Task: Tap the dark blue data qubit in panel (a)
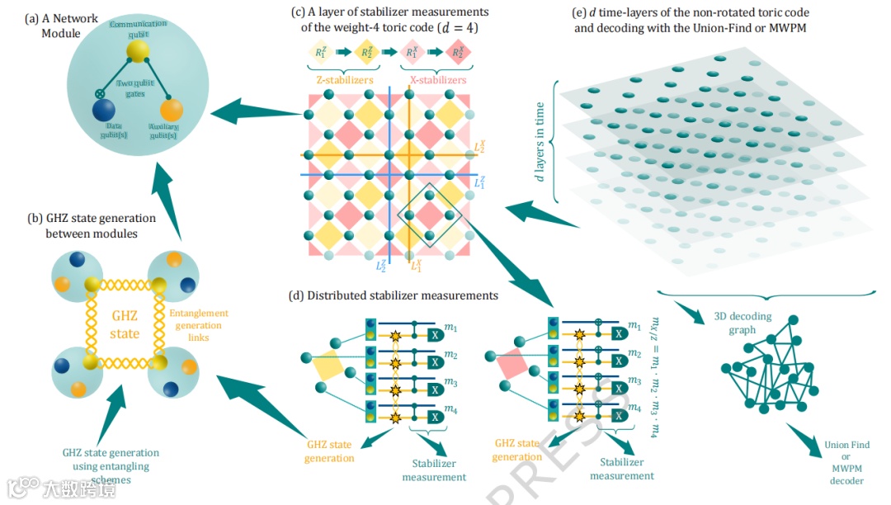(x=104, y=111)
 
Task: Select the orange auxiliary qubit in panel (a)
(x=171, y=111)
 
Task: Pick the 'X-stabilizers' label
(x=437, y=80)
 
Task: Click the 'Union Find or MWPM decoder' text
(x=846, y=462)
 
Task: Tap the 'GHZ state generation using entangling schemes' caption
(x=111, y=465)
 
